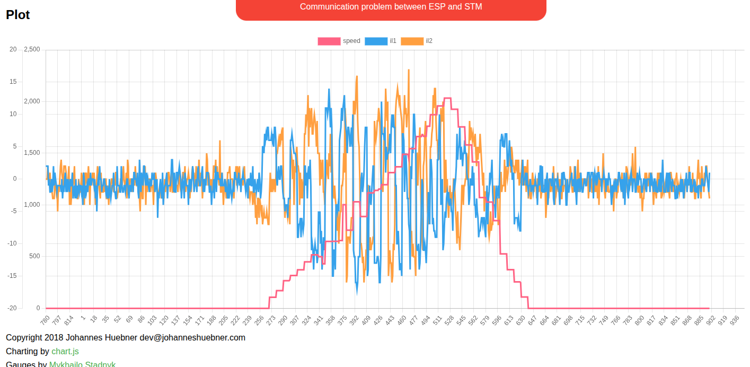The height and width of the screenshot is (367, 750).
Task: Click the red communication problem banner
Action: [391, 7]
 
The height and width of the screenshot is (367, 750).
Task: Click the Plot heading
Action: [18, 15]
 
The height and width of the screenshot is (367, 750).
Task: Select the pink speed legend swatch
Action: [329, 41]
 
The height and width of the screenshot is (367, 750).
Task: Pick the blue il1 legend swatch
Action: [376, 41]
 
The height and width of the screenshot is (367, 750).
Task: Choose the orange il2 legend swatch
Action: [412, 41]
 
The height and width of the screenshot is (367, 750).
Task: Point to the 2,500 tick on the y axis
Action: [32, 49]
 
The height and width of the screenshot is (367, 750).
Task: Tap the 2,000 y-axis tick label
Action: [32, 101]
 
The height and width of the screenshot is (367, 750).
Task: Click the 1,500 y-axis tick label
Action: [32, 153]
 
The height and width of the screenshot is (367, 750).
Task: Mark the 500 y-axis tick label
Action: [34, 256]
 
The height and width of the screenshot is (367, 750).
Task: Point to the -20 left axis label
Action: [12, 308]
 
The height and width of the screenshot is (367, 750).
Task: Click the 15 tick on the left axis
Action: [13, 82]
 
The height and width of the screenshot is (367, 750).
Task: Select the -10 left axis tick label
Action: [12, 243]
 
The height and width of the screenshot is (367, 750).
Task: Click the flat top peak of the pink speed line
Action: [447, 98]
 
